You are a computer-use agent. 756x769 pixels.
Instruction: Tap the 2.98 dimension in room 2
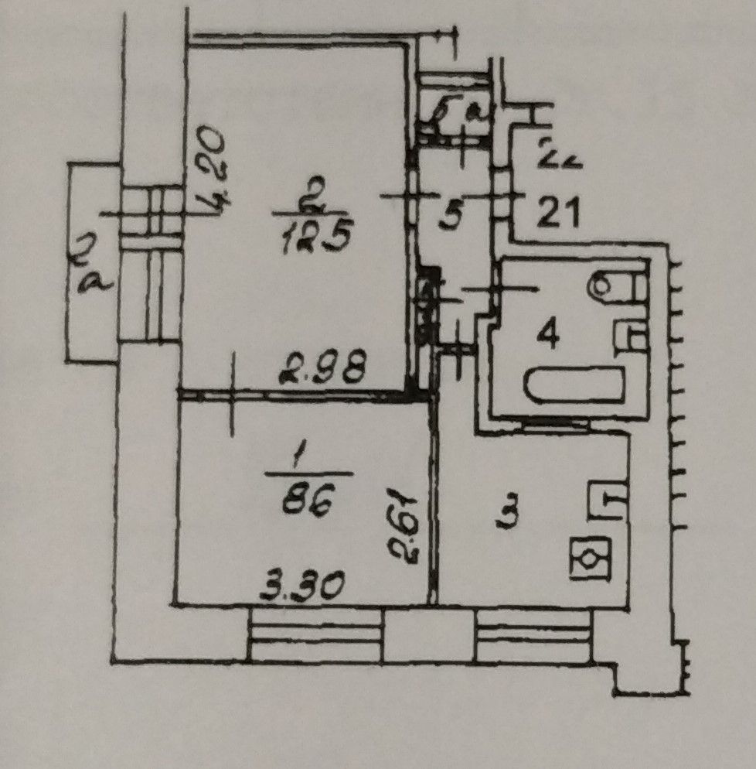tap(321, 370)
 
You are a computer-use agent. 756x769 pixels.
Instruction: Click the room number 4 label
tap(548, 337)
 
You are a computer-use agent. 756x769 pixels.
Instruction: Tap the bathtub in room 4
tap(575, 385)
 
